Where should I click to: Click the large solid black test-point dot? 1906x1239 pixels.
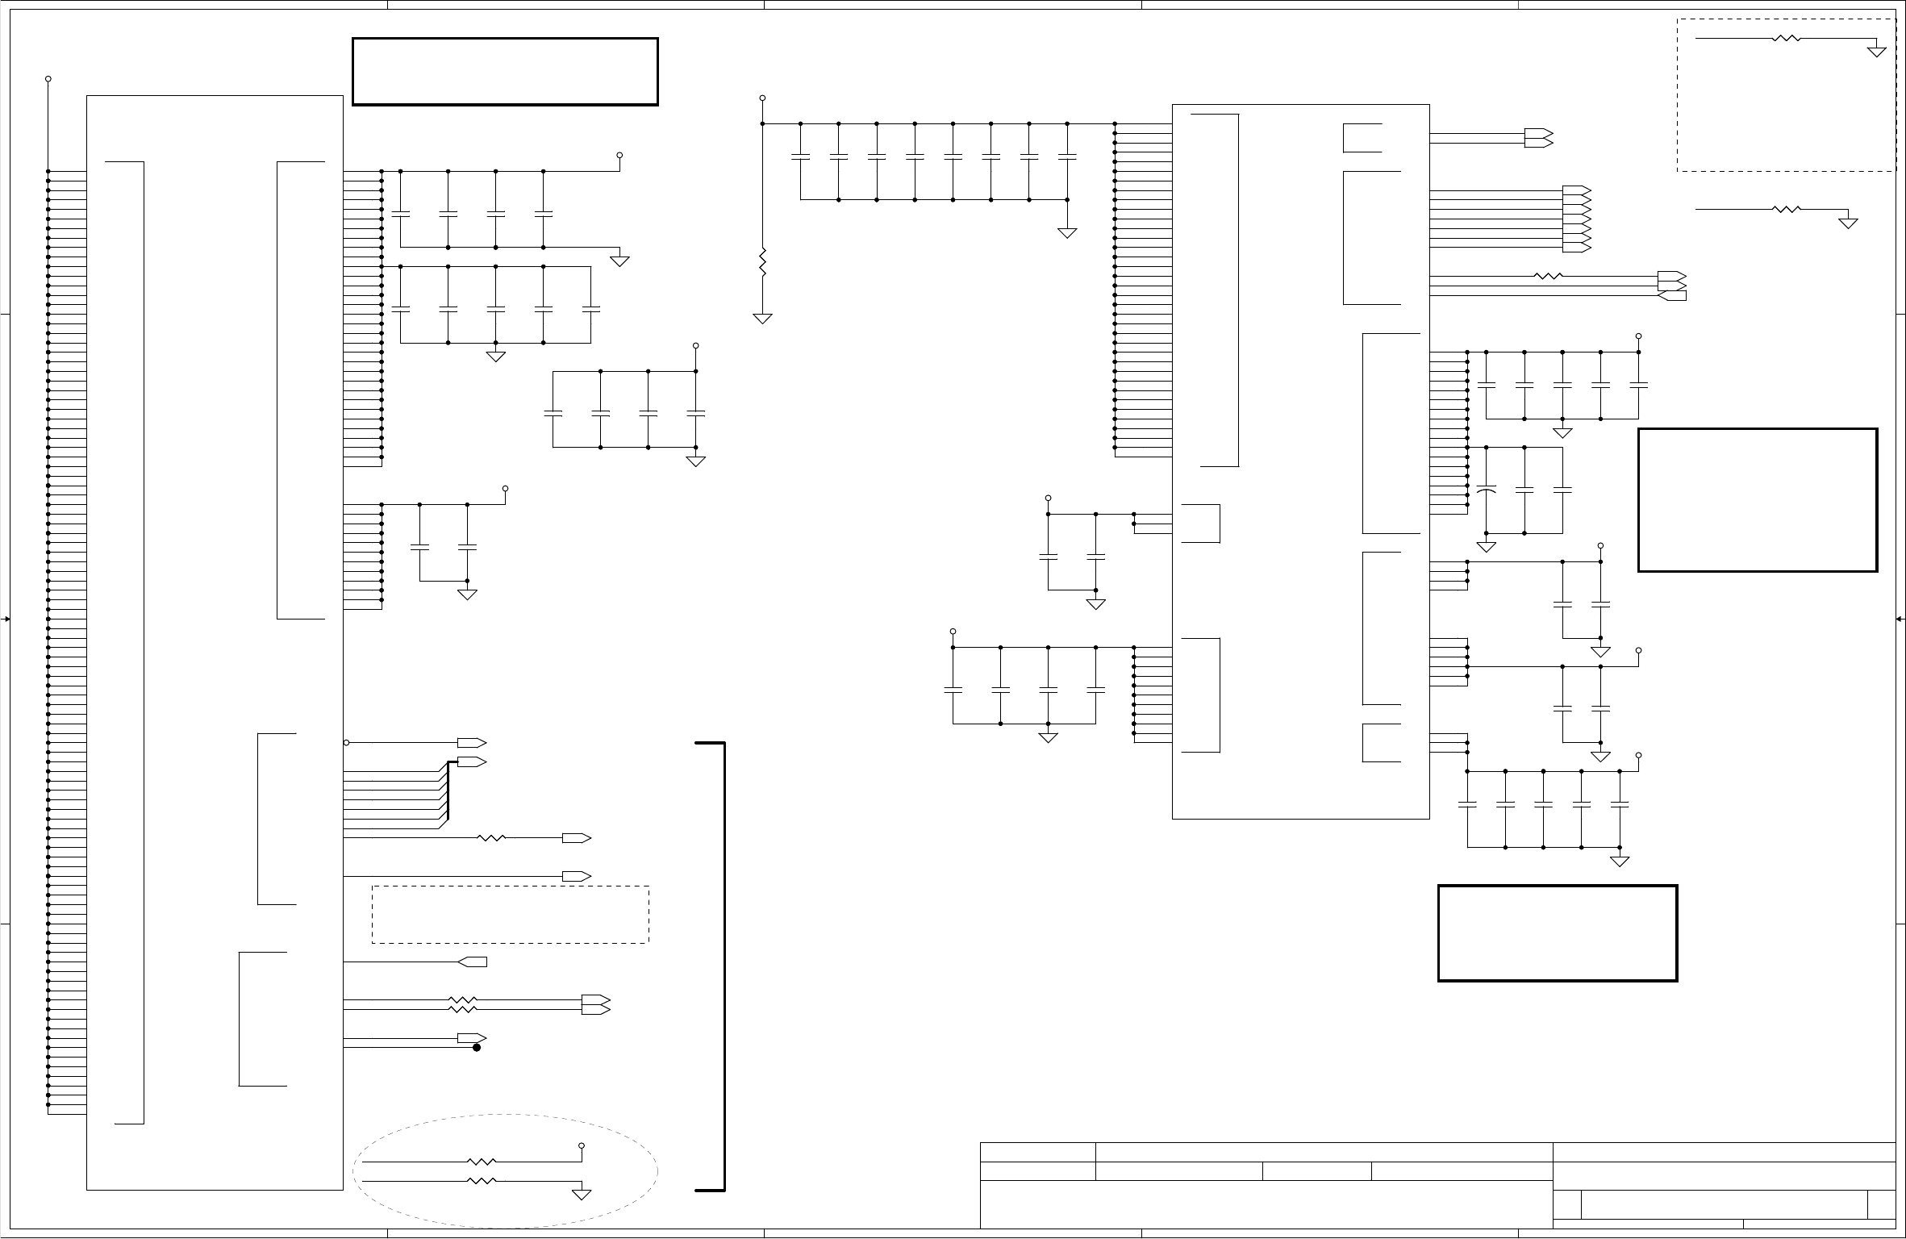click(477, 1048)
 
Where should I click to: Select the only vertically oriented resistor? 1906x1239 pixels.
click(762, 263)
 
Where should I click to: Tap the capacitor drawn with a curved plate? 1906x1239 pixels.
click(1486, 490)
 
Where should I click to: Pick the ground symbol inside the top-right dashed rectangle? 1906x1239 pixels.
click(1877, 51)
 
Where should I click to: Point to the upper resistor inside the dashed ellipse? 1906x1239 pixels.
click(482, 1162)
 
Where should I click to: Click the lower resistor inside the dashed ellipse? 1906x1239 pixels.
click(482, 1180)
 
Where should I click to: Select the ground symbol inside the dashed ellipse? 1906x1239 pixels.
click(582, 1194)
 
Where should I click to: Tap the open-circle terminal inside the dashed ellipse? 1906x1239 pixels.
click(582, 1145)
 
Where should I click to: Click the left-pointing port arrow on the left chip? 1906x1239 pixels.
click(472, 962)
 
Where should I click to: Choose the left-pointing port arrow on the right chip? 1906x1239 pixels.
click(1671, 295)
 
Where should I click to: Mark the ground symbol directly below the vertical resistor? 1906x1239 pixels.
click(762, 318)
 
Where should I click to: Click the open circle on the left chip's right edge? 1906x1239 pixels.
click(347, 742)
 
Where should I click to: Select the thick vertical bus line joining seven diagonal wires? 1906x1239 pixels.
click(448, 791)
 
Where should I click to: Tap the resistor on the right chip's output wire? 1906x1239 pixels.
click(1548, 277)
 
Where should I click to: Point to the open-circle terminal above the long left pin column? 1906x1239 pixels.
click(48, 79)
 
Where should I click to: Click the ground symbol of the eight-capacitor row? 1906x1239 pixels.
click(1067, 232)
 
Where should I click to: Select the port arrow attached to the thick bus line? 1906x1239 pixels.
click(472, 761)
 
